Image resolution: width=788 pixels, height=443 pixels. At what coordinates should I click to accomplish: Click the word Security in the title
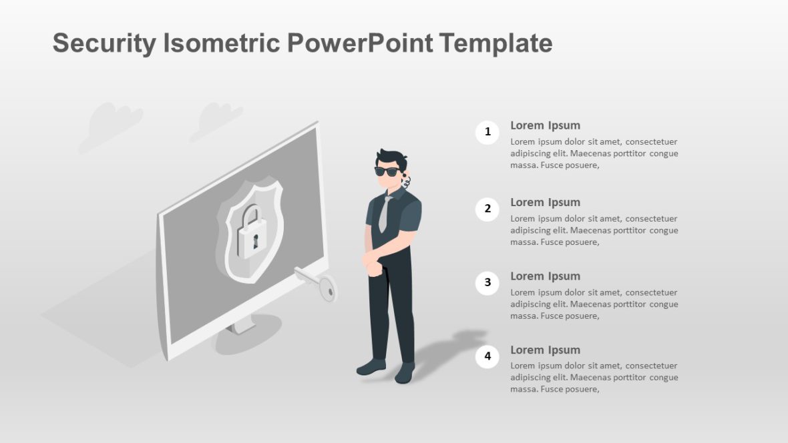(x=104, y=43)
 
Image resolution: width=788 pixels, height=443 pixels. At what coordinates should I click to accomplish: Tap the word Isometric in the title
(x=221, y=43)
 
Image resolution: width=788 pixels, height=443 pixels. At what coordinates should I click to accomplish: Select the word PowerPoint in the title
(x=361, y=43)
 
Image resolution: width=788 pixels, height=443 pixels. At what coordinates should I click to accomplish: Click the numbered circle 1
(x=487, y=132)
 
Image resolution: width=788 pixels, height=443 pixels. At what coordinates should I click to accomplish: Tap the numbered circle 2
(x=487, y=209)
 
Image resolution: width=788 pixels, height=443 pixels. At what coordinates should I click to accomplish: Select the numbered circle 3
(x=487, y=283)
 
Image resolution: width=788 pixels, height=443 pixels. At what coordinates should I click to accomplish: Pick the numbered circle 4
(x=487, y=356)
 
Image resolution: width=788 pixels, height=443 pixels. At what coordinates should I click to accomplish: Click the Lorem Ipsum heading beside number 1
(x=545, y=125)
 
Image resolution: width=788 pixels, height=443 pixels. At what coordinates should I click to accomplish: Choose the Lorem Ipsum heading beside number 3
(x=545, y=276)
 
